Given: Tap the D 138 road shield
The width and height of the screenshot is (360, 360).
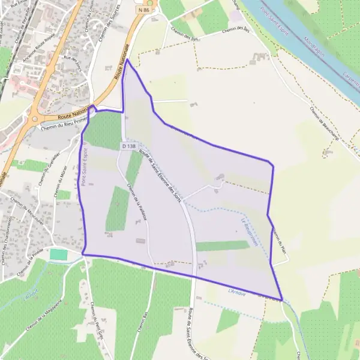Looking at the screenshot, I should [129, 146].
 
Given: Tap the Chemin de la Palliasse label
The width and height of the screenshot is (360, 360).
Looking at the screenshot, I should [138, 203].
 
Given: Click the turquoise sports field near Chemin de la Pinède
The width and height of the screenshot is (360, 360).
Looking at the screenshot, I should [58, 254].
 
